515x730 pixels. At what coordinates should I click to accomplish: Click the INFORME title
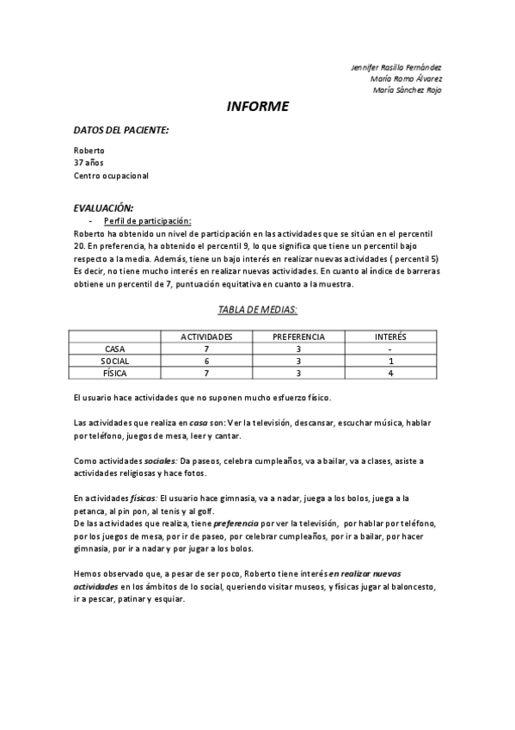click(257, 107)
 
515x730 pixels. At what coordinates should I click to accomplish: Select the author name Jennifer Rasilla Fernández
click(396, 67)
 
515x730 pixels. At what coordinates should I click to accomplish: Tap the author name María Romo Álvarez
click(407, 78)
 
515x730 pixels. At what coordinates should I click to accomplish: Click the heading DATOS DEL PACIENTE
click(120, 130)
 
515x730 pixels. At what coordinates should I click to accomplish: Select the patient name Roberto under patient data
click(89, 150)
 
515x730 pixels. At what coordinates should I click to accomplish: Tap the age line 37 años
click(89, 163)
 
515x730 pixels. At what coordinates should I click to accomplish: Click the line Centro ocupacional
click(111, 176)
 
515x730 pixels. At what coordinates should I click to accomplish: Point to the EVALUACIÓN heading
click(103, 208)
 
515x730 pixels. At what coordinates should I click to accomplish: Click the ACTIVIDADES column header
click(206, 337)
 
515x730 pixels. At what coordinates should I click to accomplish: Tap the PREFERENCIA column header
click(297, 337)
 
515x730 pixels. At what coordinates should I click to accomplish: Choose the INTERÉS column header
click(390, 337)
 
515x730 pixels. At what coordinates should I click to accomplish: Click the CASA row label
click(114, 348)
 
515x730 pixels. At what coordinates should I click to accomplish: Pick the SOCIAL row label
click(114, 361)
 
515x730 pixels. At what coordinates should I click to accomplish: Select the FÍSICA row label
click(114, 373)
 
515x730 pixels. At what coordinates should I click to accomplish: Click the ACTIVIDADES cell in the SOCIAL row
click(206, 361)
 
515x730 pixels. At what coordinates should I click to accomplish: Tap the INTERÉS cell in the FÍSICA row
click(390, 373)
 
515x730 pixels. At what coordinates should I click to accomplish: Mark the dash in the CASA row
click(390, 349)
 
